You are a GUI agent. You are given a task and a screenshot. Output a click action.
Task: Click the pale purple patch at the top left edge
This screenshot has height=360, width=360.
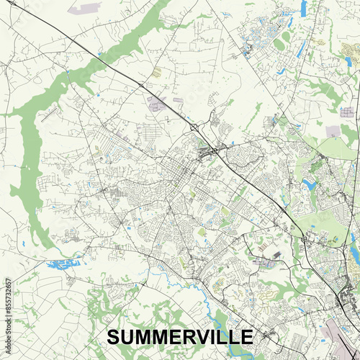coord(88,9)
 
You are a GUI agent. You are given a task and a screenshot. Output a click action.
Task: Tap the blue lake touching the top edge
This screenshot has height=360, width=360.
coord(303,7)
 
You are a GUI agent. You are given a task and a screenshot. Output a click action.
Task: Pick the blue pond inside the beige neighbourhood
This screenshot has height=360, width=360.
coord(310,186)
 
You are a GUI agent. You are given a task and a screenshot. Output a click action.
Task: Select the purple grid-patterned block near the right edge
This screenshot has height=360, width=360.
coord(348,112)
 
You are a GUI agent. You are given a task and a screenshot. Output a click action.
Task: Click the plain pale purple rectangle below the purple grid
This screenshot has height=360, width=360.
coord(333,132)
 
